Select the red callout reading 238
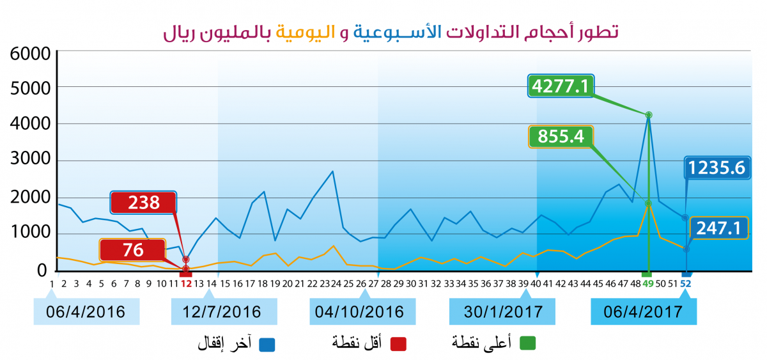tap(143, 203)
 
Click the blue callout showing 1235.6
tap(717, 168)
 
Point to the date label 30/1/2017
tap(502, 311)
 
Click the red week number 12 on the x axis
tap(186, 283)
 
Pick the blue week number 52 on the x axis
tap(686, 283)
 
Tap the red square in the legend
tap(399, 343)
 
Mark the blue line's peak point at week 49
tap(649, 115)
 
